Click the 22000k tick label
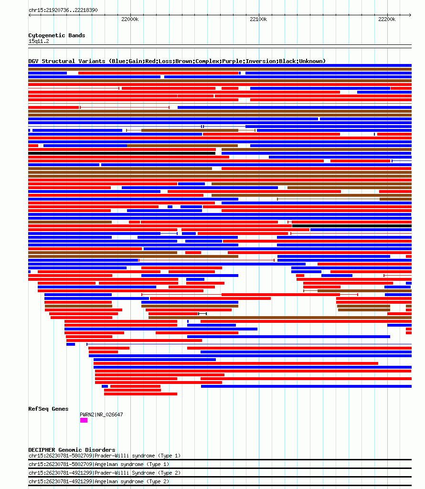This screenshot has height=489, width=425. pyautogui.click(x=130, y=19)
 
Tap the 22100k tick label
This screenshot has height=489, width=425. pyautogui.click(x=258, y=19)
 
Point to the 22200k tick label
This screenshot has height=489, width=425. pyautogui.click(x=387, y=19)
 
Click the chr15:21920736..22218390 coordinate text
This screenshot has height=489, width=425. pyautogui.click(x=63, y=10)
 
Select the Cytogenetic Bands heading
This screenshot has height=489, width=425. pyautogui.click(x=57, y=35)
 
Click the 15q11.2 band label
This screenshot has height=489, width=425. pyautogui.click(x=39, y=41)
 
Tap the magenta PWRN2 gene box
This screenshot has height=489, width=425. pyautogui.click(x=84, y=420)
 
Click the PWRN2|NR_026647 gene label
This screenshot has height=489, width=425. pyautogui.click(x=101, y=415)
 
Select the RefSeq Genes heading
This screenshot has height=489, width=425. pyautogui.click(x=48, y=409)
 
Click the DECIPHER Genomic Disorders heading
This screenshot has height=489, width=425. pyautogui.click(x=72, y=450)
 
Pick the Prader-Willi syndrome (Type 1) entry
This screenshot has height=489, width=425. pyautogui.click(x=138, y=456)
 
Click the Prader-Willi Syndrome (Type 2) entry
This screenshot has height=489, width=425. pyautogui.click(x=138, y=473)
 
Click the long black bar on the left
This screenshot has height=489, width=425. pyautogui.click(x=122, y=153)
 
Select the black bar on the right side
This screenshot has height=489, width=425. pyautogui.click(x=352, y=226)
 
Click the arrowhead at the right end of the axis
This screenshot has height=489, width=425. pyautogui.click(x=410, y=15)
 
